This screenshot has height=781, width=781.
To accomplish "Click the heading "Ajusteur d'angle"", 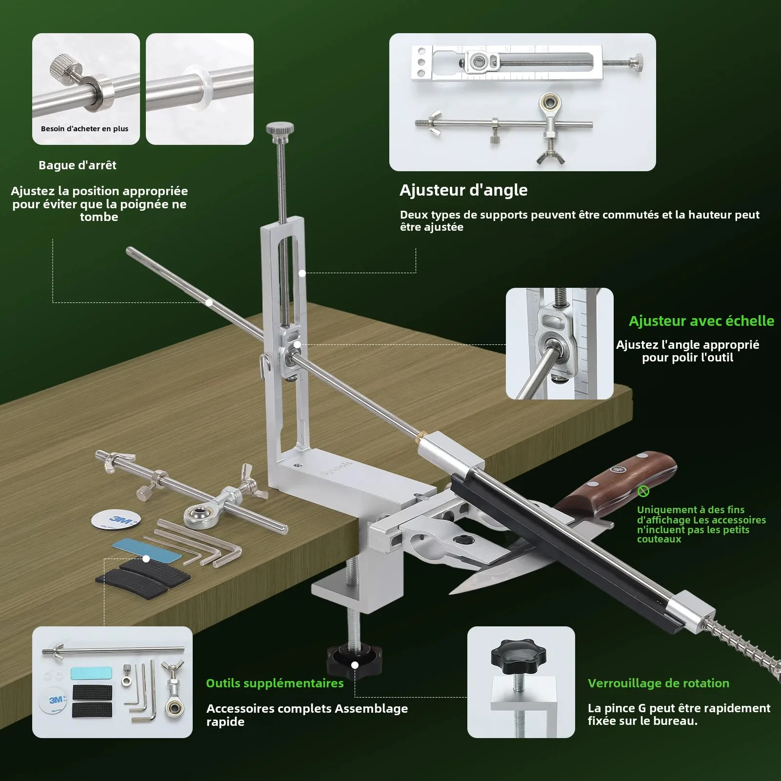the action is tap(463, 190).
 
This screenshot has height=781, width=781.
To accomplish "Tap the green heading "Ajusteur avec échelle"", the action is tap(701, 321).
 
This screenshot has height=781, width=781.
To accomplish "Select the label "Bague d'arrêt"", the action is tap(78, 165).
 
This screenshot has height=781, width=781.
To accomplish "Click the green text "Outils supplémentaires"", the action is tap(275, 683).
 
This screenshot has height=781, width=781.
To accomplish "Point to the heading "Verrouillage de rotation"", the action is tap(659, 683).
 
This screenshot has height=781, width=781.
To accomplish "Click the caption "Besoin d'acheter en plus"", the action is tap(84, 129).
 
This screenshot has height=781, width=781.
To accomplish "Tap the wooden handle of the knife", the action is tap(618, 479).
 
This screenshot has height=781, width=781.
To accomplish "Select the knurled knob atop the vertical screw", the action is tap(280, 129).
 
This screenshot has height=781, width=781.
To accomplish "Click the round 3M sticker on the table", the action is tap(117, 520).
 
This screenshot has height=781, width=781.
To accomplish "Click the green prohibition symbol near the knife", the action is tap(643, 491).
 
